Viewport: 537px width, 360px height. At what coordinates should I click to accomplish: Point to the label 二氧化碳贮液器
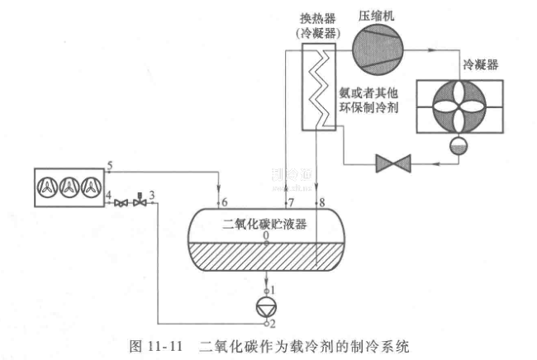pyautogui.click(x=264, y=223)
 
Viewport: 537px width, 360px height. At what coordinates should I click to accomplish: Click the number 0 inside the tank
pyautogui.click(x=265, y=235)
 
